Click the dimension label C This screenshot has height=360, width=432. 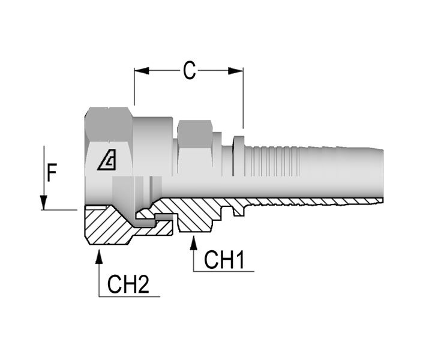click(189, 71)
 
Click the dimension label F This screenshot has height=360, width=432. click(52, 173)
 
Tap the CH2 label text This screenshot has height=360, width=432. click(128, 285)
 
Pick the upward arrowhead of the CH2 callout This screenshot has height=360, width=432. click(99, 255)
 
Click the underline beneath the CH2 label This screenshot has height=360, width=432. click(129, 296)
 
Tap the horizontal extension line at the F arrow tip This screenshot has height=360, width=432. click(60, 209)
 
